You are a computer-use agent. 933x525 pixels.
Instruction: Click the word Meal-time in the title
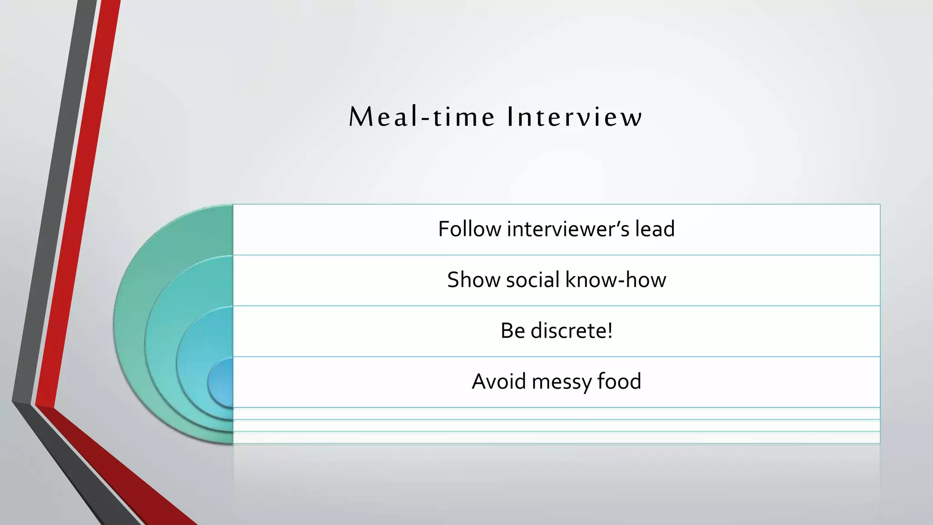pyautogui.click(x=422, y=117)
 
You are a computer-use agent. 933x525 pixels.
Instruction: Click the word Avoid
pyautogui.click(x=498, y=381)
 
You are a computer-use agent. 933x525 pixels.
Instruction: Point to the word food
pyautogui.click(x=619, y=381)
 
